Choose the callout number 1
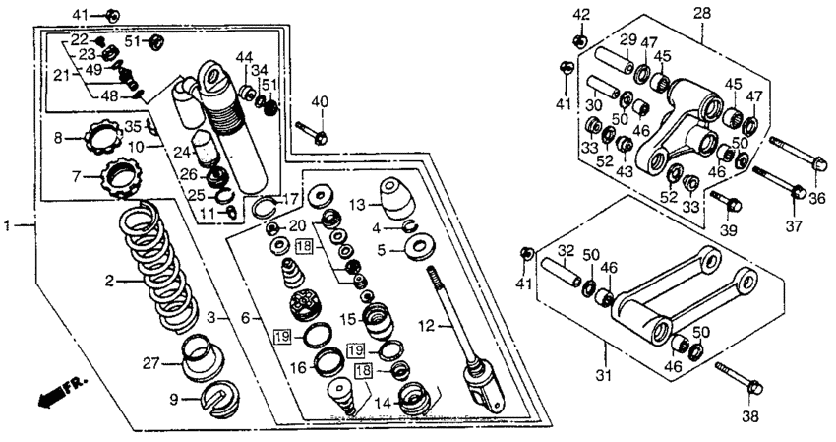7,225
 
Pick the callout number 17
290,199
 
